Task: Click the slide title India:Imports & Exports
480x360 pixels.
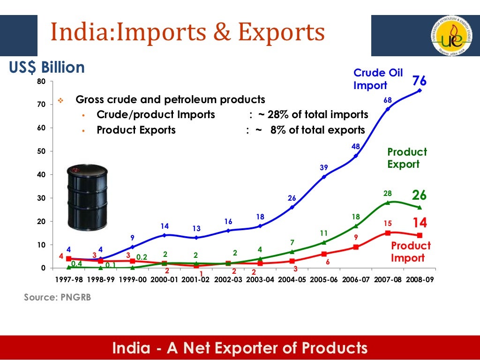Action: [187, 32]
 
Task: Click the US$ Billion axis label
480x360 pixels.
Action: [47, 67]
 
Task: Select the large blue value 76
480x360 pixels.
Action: [419, 81]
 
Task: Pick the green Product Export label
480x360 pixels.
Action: [407, 158]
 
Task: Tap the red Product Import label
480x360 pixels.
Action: [411, 252]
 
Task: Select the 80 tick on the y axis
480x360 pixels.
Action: [41, 82]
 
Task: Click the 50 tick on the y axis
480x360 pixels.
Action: [41, 151]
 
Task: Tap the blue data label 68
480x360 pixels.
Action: [387, 100]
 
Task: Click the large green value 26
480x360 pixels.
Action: [419, 195]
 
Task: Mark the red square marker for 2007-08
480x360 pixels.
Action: [388, 233]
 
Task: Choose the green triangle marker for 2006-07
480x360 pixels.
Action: [356, 226]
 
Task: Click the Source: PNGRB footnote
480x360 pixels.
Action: [58, 297]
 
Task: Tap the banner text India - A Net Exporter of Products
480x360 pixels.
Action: [240, 348]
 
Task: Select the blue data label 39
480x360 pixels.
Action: [324, 167]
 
